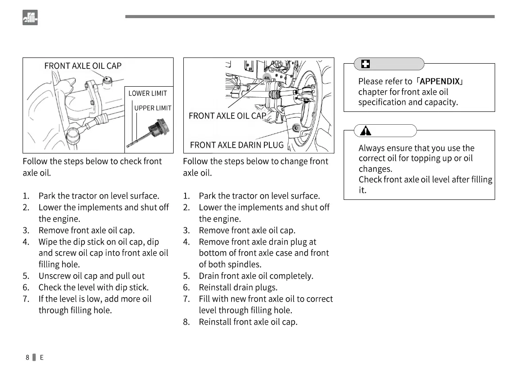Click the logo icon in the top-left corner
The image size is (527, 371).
(x=30, y=18)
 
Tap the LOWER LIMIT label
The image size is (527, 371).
(x=147, y=93)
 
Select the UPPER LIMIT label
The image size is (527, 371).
(x=153, y=108)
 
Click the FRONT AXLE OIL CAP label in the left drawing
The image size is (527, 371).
(x=83, y=66)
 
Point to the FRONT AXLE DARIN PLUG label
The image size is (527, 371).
(x=236, y=145)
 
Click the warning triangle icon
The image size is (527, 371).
(x=366, y=131)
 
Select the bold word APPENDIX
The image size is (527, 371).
(x=439, y=81)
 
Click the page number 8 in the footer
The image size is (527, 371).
(x=27, y=357)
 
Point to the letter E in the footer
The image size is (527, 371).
(x=42, y=357)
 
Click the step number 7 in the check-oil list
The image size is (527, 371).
(x=26, y=299)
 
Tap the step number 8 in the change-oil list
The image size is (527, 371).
(x=186, y=322)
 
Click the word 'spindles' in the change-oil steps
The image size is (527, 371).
(x=244, y=264)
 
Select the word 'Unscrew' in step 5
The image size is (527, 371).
(x=54, y=276)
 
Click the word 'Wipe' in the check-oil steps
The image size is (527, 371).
(x=48, y=242)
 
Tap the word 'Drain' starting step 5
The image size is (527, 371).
(x=209, y=276)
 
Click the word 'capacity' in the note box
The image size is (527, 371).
(x=440, y=102)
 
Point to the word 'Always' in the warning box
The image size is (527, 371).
(x=371, y=148)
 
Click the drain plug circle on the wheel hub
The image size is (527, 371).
(x=296, y=128)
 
